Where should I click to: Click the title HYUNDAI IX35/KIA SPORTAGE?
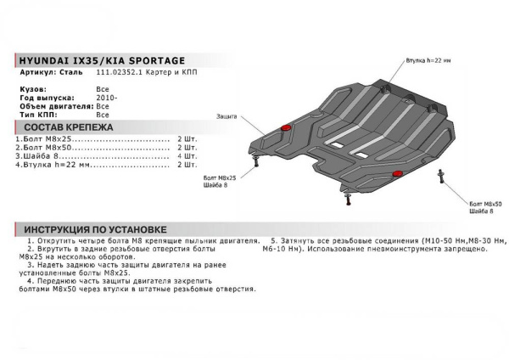point(99,60)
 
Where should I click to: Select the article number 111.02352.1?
point(119,74)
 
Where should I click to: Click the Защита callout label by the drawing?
point(227,115)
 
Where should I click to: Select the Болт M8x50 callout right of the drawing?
point(485,204)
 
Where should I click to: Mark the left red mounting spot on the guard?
point(286,127)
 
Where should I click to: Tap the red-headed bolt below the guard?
point(350,200)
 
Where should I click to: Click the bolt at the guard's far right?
point(439,176)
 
